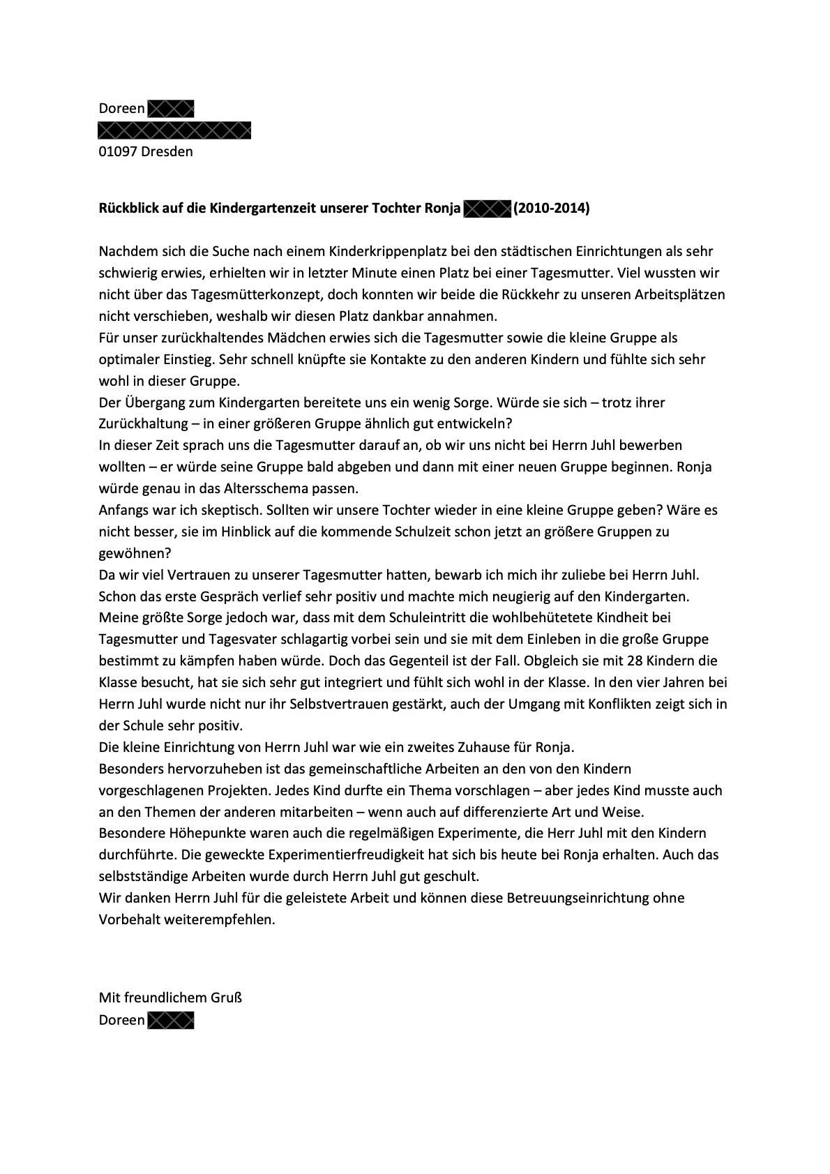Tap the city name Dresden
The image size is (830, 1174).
pos(167,151)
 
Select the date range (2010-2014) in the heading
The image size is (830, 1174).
pos(551,208)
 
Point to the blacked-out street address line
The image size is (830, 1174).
pos(174,130)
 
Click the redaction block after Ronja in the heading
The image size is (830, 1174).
pos(487,208)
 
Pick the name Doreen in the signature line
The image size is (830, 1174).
pos(121,1020)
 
